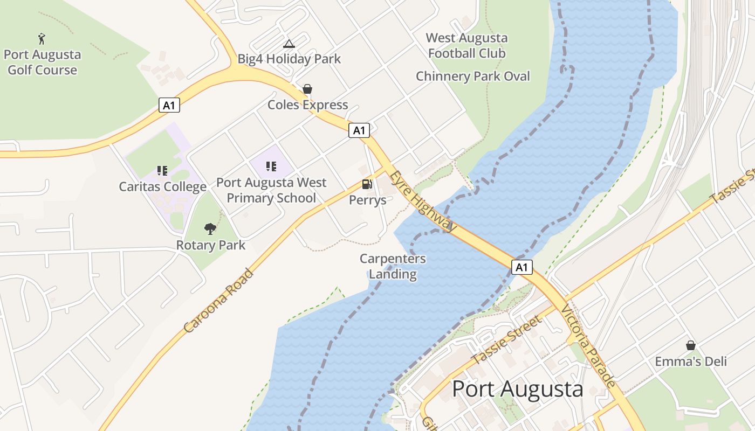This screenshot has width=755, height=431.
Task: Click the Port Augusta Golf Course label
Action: tap(42, 62)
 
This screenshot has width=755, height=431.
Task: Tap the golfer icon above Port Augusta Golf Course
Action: tap(42, 39)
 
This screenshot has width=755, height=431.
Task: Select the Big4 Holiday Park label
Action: tap(290, 59)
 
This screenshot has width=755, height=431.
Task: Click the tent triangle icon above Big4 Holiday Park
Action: tap(289, 44)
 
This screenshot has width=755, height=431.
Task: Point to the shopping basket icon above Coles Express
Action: tap(307, 89)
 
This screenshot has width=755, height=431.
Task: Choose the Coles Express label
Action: tap(308, 105)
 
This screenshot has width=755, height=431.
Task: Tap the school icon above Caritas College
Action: tap(162, 171)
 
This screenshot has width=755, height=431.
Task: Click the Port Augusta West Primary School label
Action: tap(271, 190)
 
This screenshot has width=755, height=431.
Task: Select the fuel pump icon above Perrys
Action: tap(367, 184)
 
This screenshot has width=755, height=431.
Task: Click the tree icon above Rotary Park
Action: tap(210, 229)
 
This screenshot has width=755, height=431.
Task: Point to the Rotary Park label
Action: tap(211, 246)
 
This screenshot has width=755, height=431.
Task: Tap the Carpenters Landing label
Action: tap(393, 266)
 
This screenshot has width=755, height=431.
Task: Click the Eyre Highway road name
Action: tap(423, 202)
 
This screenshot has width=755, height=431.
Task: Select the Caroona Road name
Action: tap(218, 300)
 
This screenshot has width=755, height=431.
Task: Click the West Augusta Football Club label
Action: tap(467, 46)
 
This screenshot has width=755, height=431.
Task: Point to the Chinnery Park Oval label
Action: tap(473, 77)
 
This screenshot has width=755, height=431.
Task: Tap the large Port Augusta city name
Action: tap(517, 389)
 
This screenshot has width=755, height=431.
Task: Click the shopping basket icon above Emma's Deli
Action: tap(690, 345)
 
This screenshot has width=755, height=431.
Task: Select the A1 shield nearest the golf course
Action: tap(169, 105)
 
